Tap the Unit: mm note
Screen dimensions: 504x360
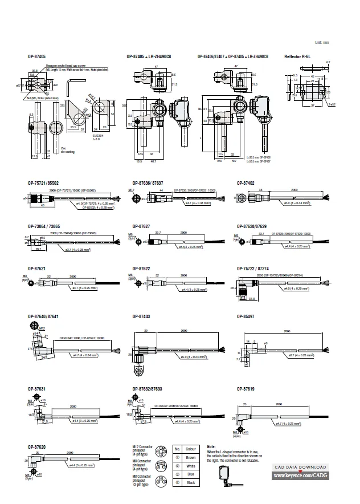322,43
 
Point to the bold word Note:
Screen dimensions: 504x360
211,446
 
